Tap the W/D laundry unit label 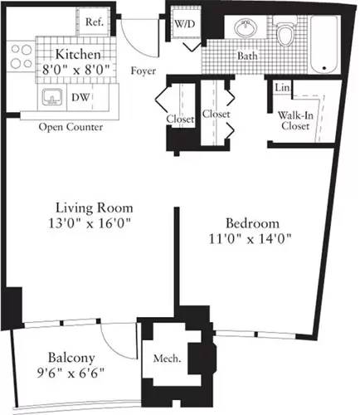[183, 24]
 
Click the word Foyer [145, 71]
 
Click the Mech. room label [167, 360]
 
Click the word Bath [247, 56]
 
